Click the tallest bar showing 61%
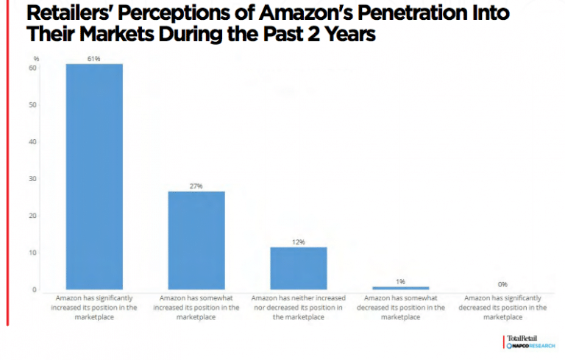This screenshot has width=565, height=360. point(94,177)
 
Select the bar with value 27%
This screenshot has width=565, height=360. point(196,240)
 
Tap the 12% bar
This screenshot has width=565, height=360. point(298,268)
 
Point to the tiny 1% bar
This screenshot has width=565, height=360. point(400,288)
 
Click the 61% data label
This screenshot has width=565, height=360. point(94,58)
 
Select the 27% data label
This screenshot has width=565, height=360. point(196,186)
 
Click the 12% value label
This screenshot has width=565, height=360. point(298,242)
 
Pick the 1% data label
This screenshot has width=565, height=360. point(400,281)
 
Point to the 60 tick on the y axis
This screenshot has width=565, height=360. point(33,68)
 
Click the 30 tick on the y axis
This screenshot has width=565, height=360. point(33,179)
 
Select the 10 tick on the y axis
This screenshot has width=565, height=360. point(33,253)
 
